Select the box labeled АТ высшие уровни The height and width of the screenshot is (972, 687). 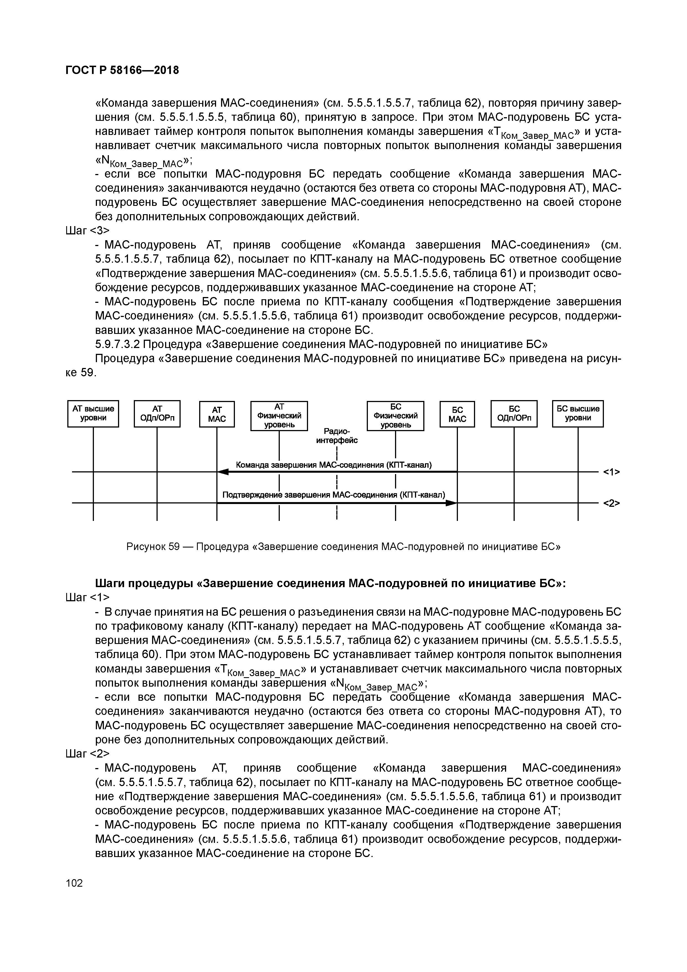click(x=93, y=414)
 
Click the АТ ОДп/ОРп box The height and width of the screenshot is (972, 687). click(x=157, y=414)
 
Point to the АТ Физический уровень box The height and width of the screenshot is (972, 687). click(x=279, y=415)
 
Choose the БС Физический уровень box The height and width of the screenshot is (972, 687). click(x=395, y=415)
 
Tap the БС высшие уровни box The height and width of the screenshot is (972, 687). click(x=578, y=414)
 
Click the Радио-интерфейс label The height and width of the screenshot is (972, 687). click(x=337, y=436)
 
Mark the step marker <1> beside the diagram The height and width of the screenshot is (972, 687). click(x=611, y=472)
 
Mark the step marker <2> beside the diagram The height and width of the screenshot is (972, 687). click(x=611, y=503)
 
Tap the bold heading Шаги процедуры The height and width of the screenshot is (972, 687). click(x=330, y=583)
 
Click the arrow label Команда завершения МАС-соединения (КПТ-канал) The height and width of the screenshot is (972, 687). click(x=334, y=465)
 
